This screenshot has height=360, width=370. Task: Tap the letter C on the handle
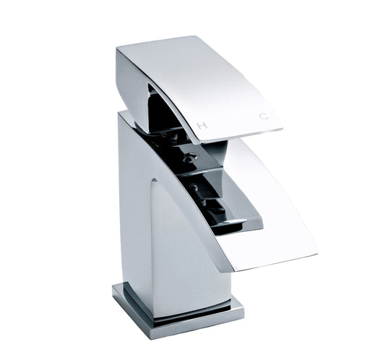(263, 116)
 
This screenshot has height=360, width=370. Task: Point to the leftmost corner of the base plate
(113, 291)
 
